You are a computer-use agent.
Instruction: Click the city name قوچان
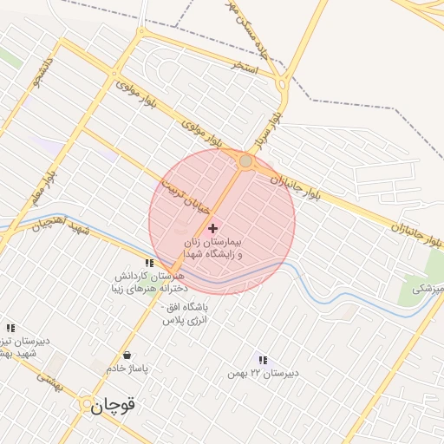point(114,404)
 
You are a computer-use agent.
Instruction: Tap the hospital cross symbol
point(212,228)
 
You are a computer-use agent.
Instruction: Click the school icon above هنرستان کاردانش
point(149,263)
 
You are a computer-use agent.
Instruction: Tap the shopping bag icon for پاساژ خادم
point(127,355)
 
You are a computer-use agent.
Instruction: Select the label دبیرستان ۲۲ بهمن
point(264,373)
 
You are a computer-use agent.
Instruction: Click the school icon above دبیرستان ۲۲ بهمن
point(262,360)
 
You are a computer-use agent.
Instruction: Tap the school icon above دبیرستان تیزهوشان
point(10,328)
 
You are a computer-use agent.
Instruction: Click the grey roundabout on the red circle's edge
point(245,161)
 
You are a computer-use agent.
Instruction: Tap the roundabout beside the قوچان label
point(87,404)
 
